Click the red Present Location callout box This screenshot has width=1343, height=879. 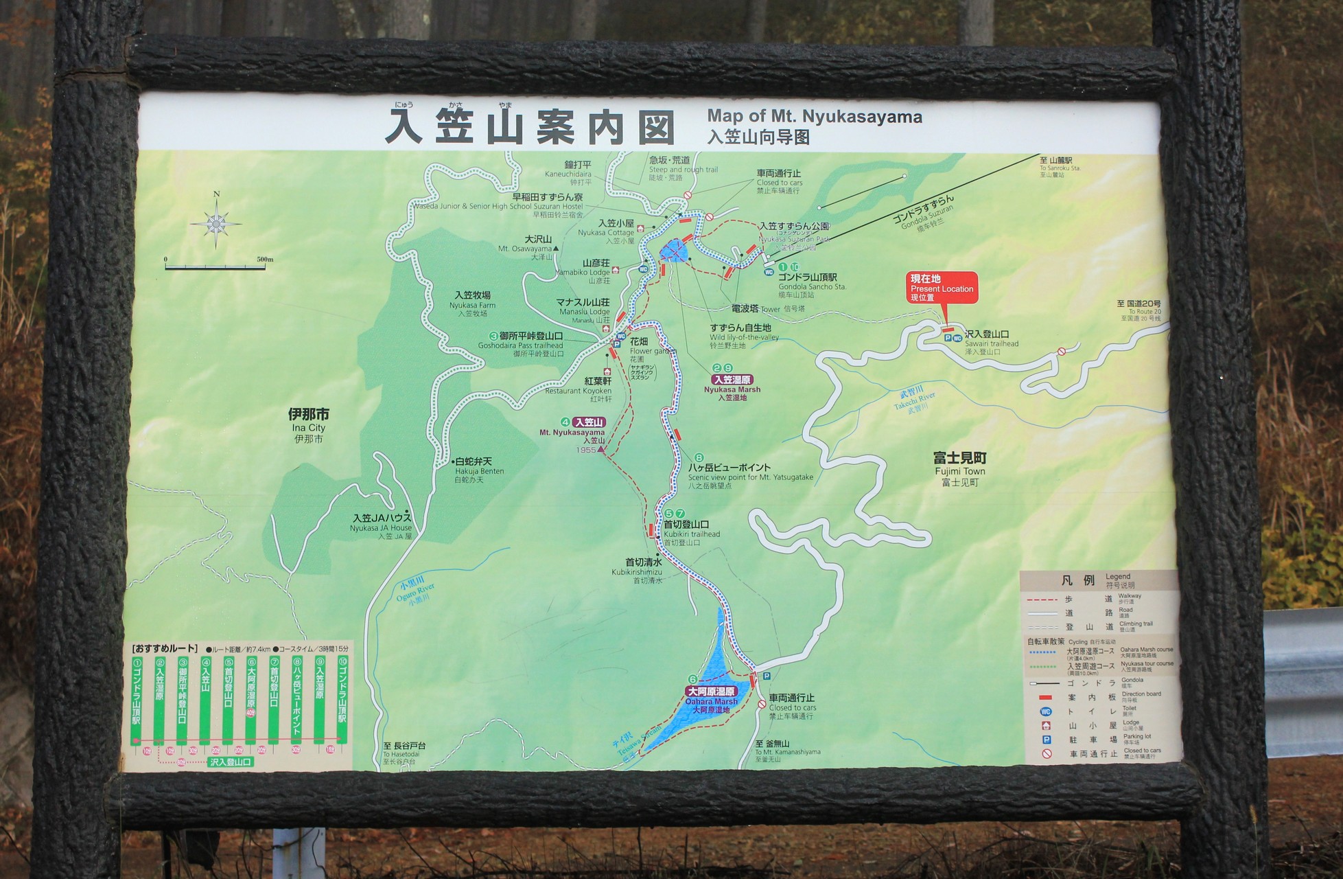pyautogui.click(x=943, y=288)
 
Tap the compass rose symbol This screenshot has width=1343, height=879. pyautogui.click(x=215, y=222)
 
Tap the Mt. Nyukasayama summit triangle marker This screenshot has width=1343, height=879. pyautogui.click(x=602, y=450)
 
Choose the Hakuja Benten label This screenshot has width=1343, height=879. pyautogui.click(x=479, y=470)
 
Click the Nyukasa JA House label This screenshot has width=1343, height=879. pyautogui.click(x=381, y=527)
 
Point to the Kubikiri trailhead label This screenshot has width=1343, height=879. pyautogui.click(x=691, y=534)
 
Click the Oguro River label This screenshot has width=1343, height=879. pyautogui.click(x=416, y=595)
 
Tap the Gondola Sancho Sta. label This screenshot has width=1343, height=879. pyautogui.click(x=812, y=286)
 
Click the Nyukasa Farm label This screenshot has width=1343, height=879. pyautogui.click(x=472, y=304)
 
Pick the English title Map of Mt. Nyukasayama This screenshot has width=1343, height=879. pyautogui.click(x=815, y=116)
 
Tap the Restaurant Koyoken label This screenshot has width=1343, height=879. pyautogui.click(x=578, y=390)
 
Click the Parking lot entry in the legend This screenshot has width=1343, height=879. pyautogui.click(x=1091, y=740)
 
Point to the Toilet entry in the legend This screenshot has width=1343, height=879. pyautogui.click(x=1091, y=711)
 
